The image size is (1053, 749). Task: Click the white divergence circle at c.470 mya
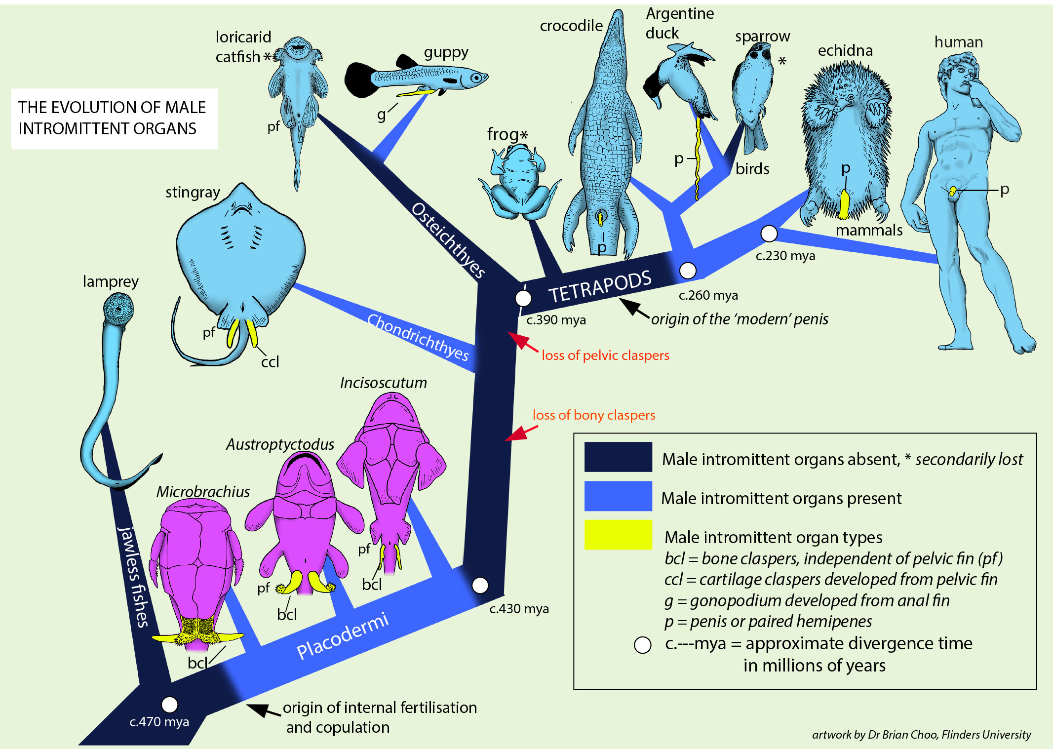[x=169, y=705]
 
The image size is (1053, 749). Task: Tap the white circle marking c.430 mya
[x=480, y=585]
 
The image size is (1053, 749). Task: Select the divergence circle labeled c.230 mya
[x=769, y=234]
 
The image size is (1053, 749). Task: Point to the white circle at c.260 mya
[x=688, y=271]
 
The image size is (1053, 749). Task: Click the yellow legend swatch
[x=618, y=535]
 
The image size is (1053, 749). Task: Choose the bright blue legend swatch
[x=618, y=496]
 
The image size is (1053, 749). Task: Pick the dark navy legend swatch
[x=618, y=457]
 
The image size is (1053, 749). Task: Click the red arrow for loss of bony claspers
[x=521, y=433]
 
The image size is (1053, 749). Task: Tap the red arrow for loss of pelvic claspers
[x=523, y=342]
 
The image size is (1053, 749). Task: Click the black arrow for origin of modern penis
[x=634, y=308]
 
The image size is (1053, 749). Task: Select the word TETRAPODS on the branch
[x=600, y=287]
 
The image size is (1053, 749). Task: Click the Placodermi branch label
[x=343, y=636]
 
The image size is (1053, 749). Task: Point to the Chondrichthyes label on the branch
[x=418, y=337]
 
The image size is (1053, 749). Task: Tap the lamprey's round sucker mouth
[x=118, y=309]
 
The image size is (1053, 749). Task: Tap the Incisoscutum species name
[x=384, y=383]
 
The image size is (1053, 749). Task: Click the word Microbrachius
[x=203, y=492]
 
